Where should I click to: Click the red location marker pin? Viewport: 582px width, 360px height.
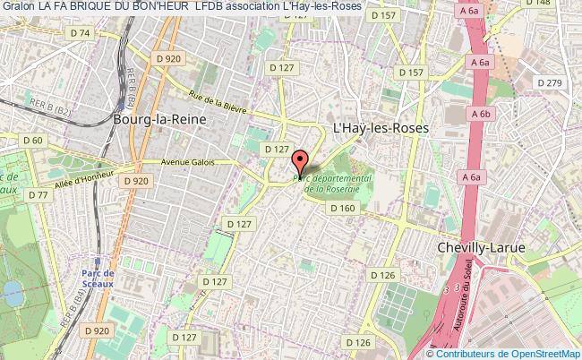[x=300, y=162]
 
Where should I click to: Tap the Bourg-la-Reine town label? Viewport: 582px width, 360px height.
[x=160, y=118]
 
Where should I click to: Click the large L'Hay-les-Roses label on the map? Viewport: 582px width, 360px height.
[x=381, y=128]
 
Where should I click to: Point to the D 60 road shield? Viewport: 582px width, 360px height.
[x=33, y=141]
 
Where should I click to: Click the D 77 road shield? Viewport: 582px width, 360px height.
[x=39, y=194]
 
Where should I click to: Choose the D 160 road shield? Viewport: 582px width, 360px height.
[x=343, y=208]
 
